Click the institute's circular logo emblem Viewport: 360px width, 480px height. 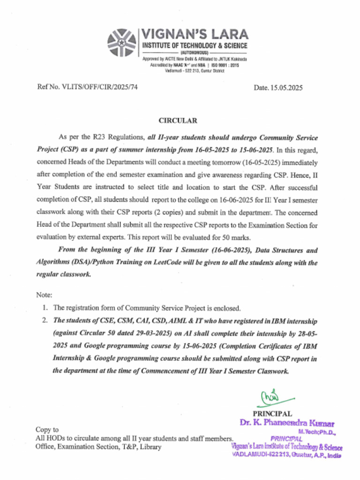[121, 43]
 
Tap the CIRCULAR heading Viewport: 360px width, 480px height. [178, 120]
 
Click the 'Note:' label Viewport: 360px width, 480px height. [44, 295]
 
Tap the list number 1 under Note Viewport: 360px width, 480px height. [45, 308]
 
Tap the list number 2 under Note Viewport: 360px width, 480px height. [45, 321]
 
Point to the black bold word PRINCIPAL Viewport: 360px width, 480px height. [272, 413]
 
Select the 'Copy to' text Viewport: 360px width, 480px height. [47, 429]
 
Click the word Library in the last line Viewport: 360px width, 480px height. [150, 447]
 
